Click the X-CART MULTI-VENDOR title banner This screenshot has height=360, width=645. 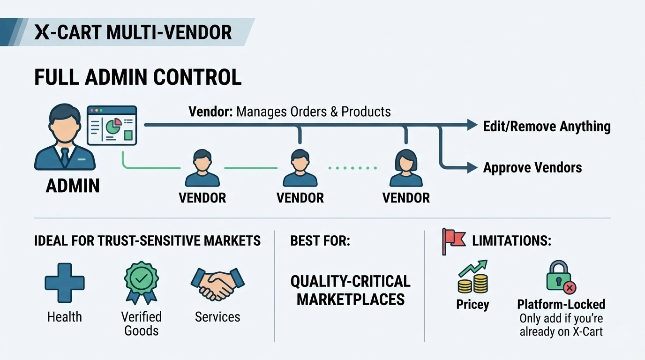coord(133,32)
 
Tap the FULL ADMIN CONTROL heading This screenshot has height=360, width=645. coord(138,77)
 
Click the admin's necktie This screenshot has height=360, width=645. coord(65,155)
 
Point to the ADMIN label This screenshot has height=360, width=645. coord(73,186)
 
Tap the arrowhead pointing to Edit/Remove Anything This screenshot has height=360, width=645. coord(472,125)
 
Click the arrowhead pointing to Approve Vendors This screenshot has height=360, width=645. coord(472,167)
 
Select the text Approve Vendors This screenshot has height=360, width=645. coord(532,167)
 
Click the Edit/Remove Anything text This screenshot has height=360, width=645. coord(547,126)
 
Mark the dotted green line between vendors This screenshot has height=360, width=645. coord(352,167)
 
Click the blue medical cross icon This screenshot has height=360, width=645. coord(65,282)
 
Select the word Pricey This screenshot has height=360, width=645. coord(472,305)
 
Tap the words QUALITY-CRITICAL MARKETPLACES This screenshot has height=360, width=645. coord(350,290)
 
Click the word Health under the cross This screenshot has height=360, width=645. coord(65,317)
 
